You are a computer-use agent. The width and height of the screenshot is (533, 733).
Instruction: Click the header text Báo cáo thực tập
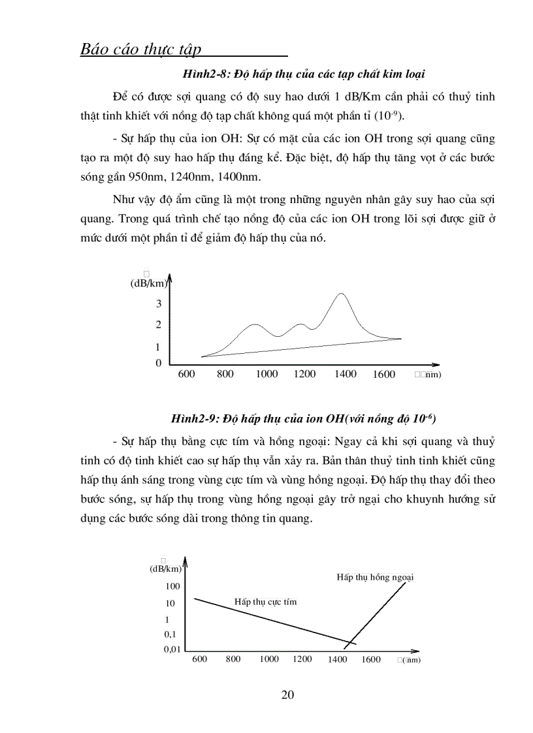(x=140, y=50)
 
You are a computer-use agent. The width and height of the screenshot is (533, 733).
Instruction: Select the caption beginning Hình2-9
(x=302, y=418)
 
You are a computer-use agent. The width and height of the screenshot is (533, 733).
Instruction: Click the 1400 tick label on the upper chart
(x=346, y=374)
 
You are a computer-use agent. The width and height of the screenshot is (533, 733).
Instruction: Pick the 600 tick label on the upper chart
(x=186, y=374)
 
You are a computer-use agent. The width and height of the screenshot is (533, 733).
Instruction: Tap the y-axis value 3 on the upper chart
(x=158, y=304)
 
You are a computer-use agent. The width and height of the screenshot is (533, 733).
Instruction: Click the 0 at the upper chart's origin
(x=158, y=363)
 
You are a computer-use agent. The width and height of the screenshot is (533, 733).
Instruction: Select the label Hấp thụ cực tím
(x=265, y=601)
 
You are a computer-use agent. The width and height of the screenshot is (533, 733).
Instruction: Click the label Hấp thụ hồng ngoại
(x=376, y=577)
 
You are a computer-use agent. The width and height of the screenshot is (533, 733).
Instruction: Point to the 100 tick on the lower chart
(x=172, y=586)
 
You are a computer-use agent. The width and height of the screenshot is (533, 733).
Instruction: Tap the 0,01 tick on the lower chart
(x=171, y=649)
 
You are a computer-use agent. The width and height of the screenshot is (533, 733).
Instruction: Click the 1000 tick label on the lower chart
(x=269, y=659)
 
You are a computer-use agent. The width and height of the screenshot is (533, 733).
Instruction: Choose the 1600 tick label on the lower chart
(x=370, y=659)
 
